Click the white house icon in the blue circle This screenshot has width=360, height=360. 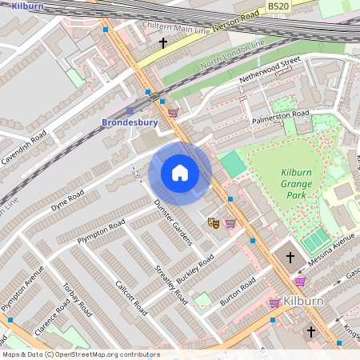tap(180, 172)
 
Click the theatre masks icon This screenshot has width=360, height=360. tap(213, 222)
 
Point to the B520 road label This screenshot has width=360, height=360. tap(300, 6)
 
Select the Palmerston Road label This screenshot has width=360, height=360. tap(280, 114)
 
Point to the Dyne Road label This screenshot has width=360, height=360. tap(67, 197)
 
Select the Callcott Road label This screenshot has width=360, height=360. tap(130, 296)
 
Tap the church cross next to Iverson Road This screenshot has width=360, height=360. tap(163, 42)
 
